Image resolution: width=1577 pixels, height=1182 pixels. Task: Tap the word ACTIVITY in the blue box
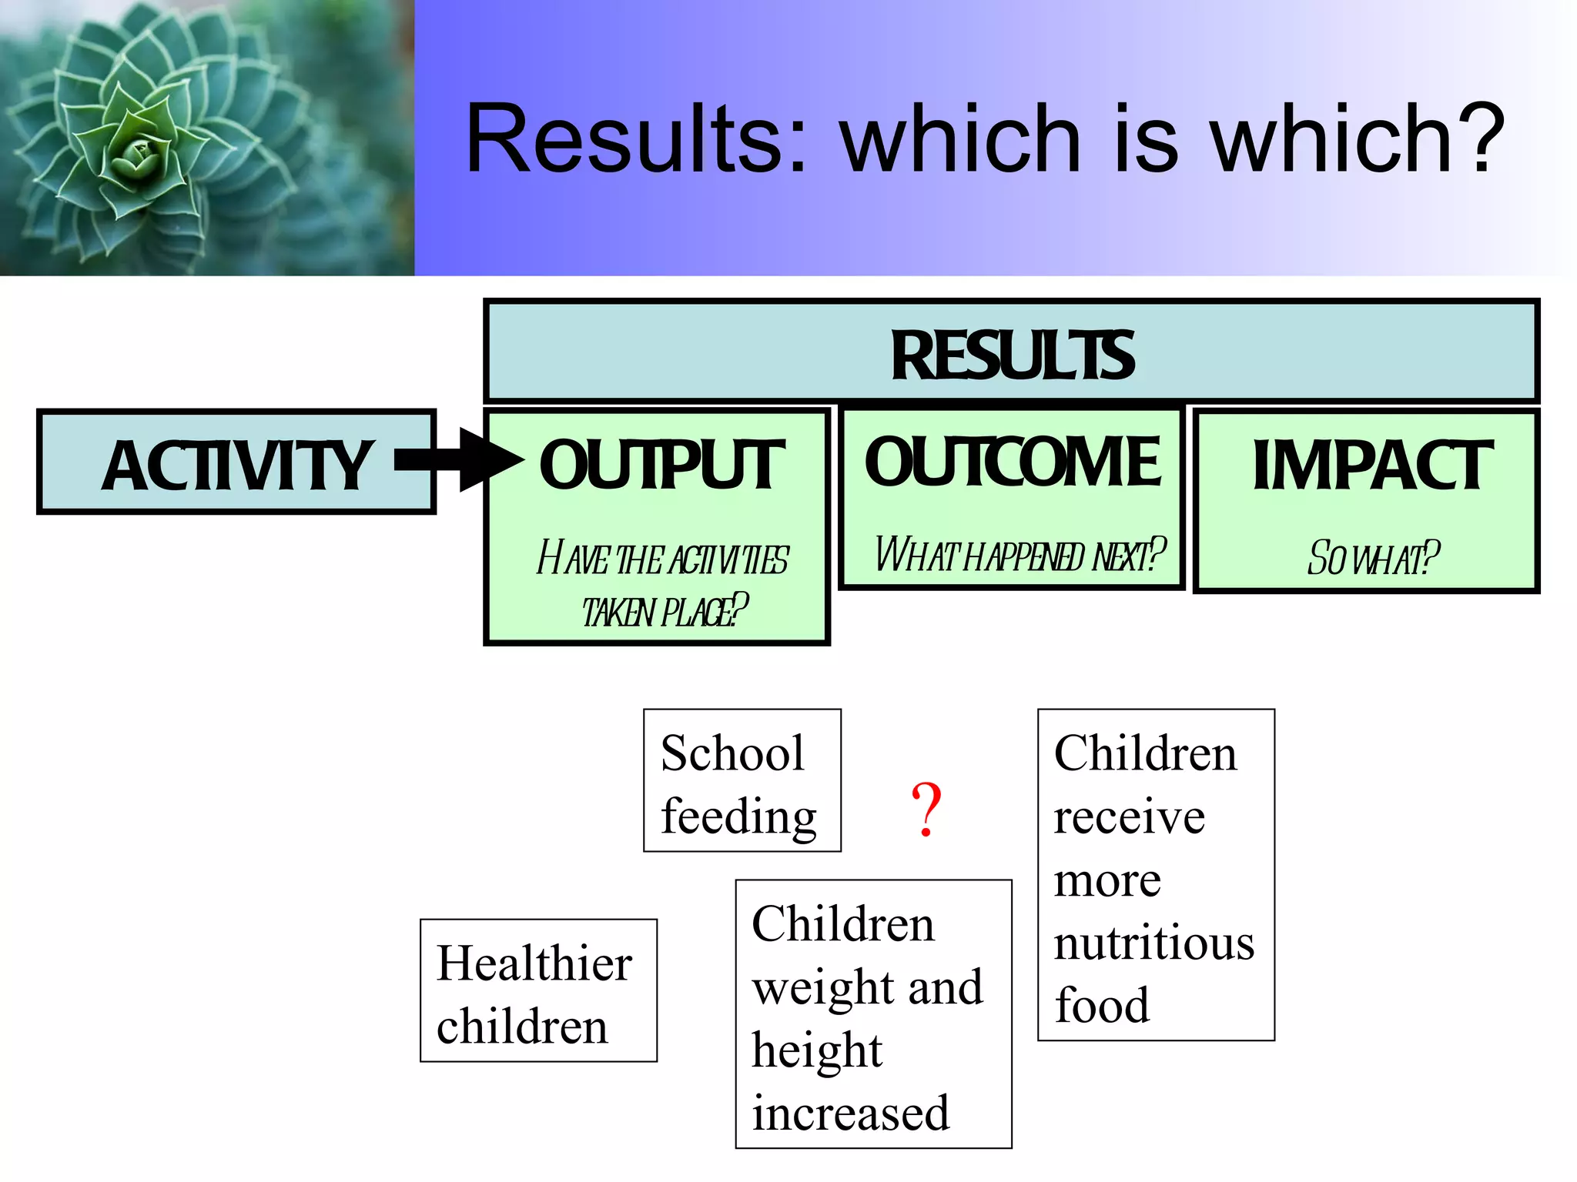237,466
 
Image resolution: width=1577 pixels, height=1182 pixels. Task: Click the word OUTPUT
661,465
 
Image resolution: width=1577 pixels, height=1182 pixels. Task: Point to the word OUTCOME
1012,461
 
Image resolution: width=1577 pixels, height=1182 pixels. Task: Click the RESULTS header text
1012,356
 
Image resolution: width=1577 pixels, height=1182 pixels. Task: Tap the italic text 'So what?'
1372,558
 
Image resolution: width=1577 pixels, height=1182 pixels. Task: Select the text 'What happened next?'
1020,554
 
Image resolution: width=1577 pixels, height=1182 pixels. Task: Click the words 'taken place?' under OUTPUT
664,612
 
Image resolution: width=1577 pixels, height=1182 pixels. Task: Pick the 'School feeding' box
742,780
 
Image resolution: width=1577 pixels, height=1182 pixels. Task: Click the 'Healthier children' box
537,990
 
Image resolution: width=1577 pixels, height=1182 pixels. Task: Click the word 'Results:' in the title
636,139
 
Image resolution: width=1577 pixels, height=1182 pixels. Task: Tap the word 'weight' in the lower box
816,987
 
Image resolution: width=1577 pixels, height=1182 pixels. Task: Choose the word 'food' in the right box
1101,1005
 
